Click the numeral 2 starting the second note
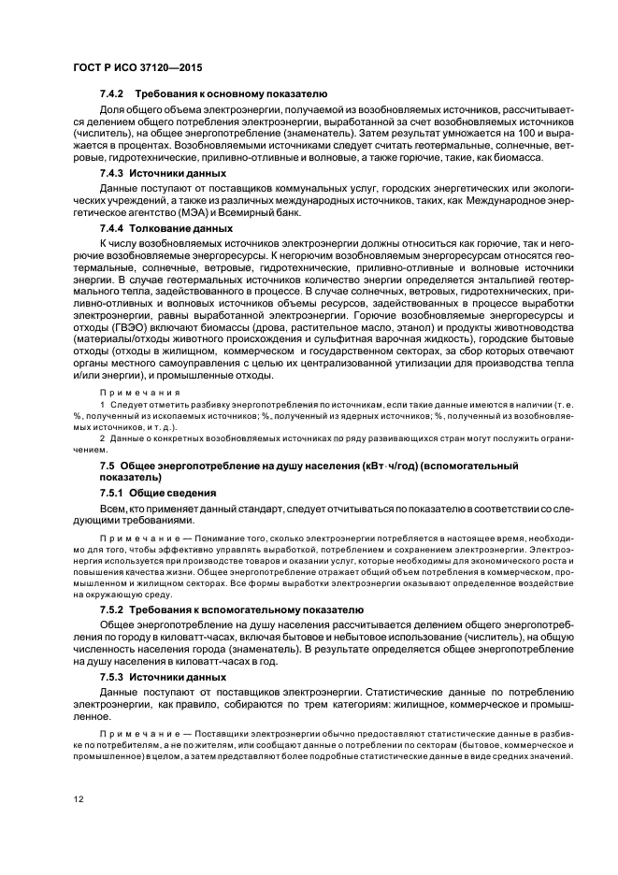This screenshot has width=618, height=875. click(x=102, y=437)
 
